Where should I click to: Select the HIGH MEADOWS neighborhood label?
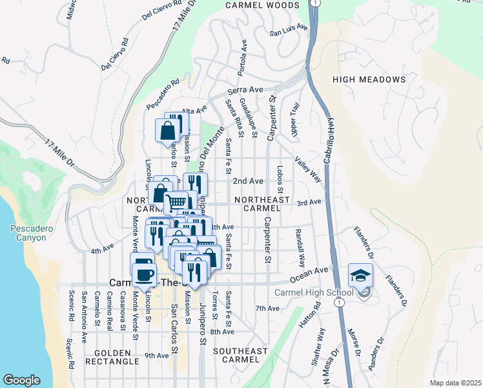point(369,80)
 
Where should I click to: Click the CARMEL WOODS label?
point(262,5)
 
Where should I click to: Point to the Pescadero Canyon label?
point(28,233)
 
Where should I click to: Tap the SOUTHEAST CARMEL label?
point(240,356)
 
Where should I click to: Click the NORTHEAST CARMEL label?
point(262,204)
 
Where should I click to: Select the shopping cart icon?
point(176,203)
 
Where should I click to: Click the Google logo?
point(21,380)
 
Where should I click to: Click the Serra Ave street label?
point(245,90)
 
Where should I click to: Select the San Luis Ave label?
point(285,30)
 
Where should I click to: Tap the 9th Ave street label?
point(156,355)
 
